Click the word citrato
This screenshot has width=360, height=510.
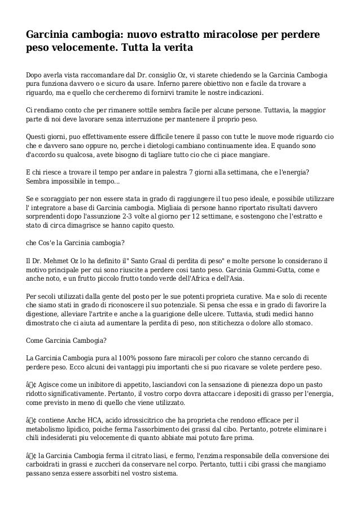[x=141, y=456]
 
